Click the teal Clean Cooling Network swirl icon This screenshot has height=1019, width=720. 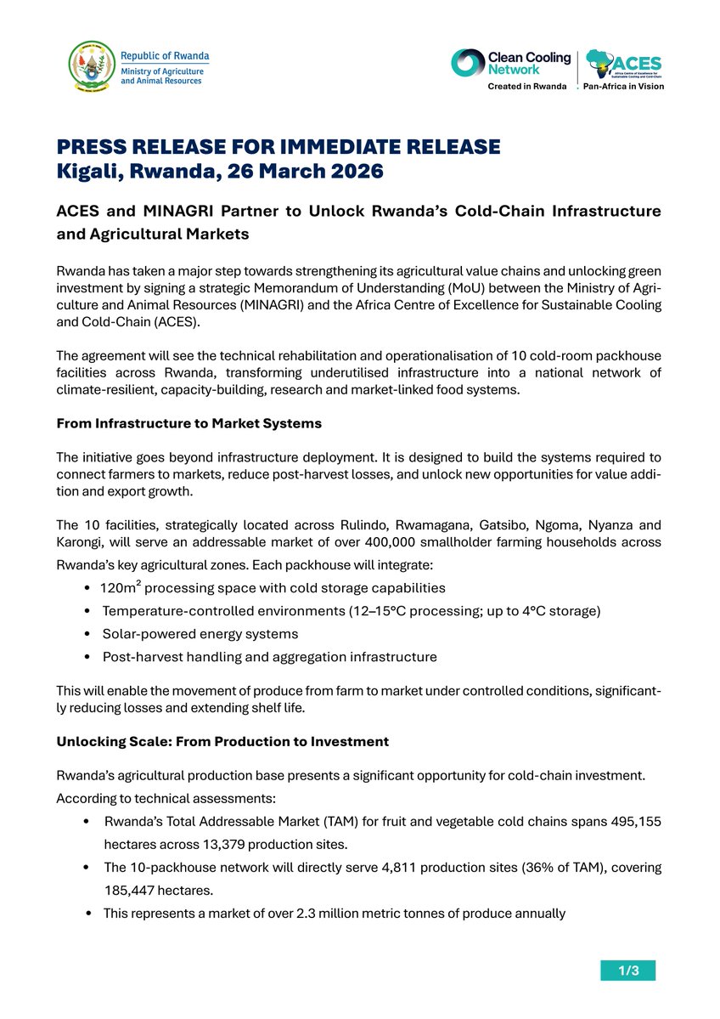(466, 63)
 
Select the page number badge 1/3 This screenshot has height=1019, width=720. (627, 970)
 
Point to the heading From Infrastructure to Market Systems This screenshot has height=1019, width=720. (188, 422)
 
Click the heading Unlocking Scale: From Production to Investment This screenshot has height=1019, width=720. (222, 741)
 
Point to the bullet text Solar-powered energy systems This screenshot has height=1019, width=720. (200, 634)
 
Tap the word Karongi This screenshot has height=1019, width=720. (81, 541)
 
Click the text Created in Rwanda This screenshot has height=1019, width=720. (526, 87)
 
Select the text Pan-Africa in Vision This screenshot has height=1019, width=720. (623, 87)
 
